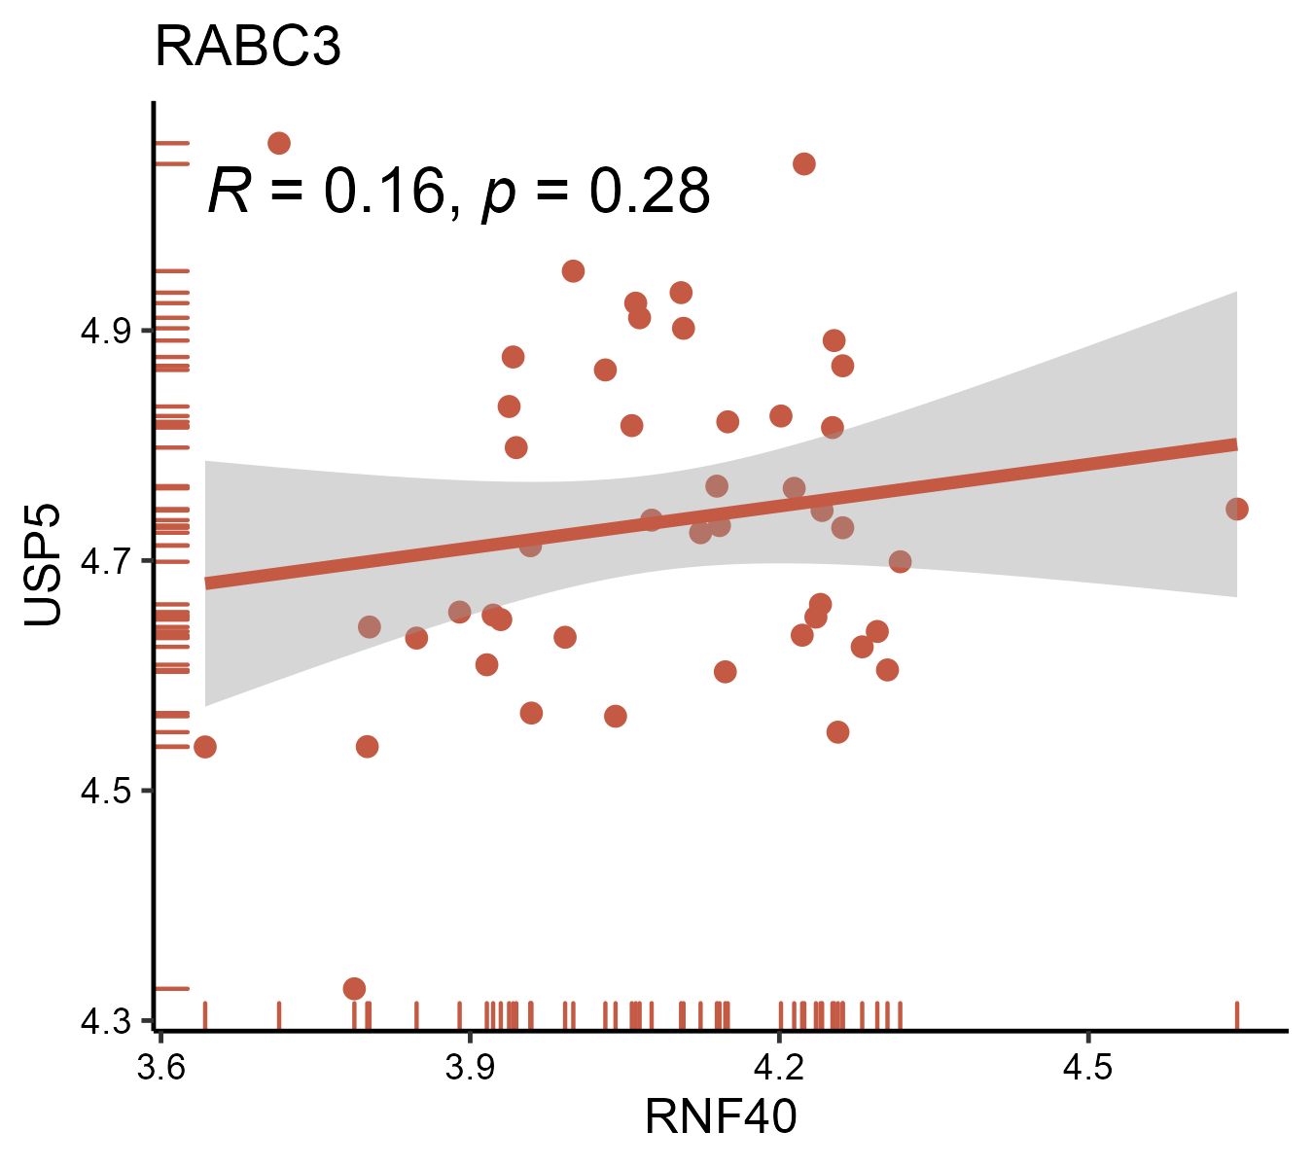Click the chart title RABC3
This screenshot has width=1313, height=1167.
248,47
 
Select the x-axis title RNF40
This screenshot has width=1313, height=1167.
720,1115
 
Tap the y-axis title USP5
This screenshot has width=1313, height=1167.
43,565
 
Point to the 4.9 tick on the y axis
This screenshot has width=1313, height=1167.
104,332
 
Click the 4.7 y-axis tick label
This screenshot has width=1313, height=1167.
104,562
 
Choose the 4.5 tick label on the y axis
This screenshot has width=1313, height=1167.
104,792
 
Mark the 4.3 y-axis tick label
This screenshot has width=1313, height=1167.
104,1022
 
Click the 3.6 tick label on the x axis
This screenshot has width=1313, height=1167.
160,1067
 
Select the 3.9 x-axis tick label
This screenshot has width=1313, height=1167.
470,1067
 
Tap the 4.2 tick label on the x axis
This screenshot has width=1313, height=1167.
779,1067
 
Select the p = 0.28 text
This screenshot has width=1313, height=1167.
596,193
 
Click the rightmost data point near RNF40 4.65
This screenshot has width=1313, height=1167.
1236,509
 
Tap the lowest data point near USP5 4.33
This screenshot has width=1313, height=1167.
354,988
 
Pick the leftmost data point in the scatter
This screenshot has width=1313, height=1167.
204,746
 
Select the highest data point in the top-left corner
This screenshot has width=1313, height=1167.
279,143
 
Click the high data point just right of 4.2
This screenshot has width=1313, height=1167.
803,163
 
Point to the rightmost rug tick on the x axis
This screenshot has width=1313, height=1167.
1236,1014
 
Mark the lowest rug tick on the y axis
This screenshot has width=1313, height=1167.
172,988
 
